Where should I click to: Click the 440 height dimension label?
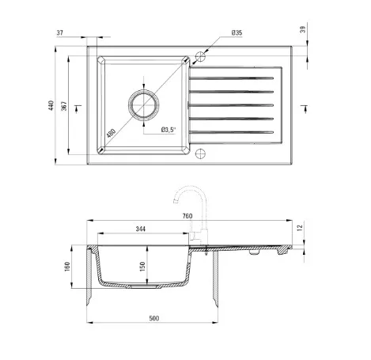[x=51, y=105]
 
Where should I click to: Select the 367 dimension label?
[x=64, y=106]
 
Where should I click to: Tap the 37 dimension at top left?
[x=60, y=32]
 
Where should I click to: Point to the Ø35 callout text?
[x=237, y=32]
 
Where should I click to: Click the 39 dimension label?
[x=303, y=29]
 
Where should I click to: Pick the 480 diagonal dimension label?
[x=111, y=133]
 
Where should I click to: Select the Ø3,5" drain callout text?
[x=168, y=130]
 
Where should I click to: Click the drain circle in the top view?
[x=144, y=105]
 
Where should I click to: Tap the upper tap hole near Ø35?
[x=200, y=56]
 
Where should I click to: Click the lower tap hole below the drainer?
[x=200, y=153]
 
